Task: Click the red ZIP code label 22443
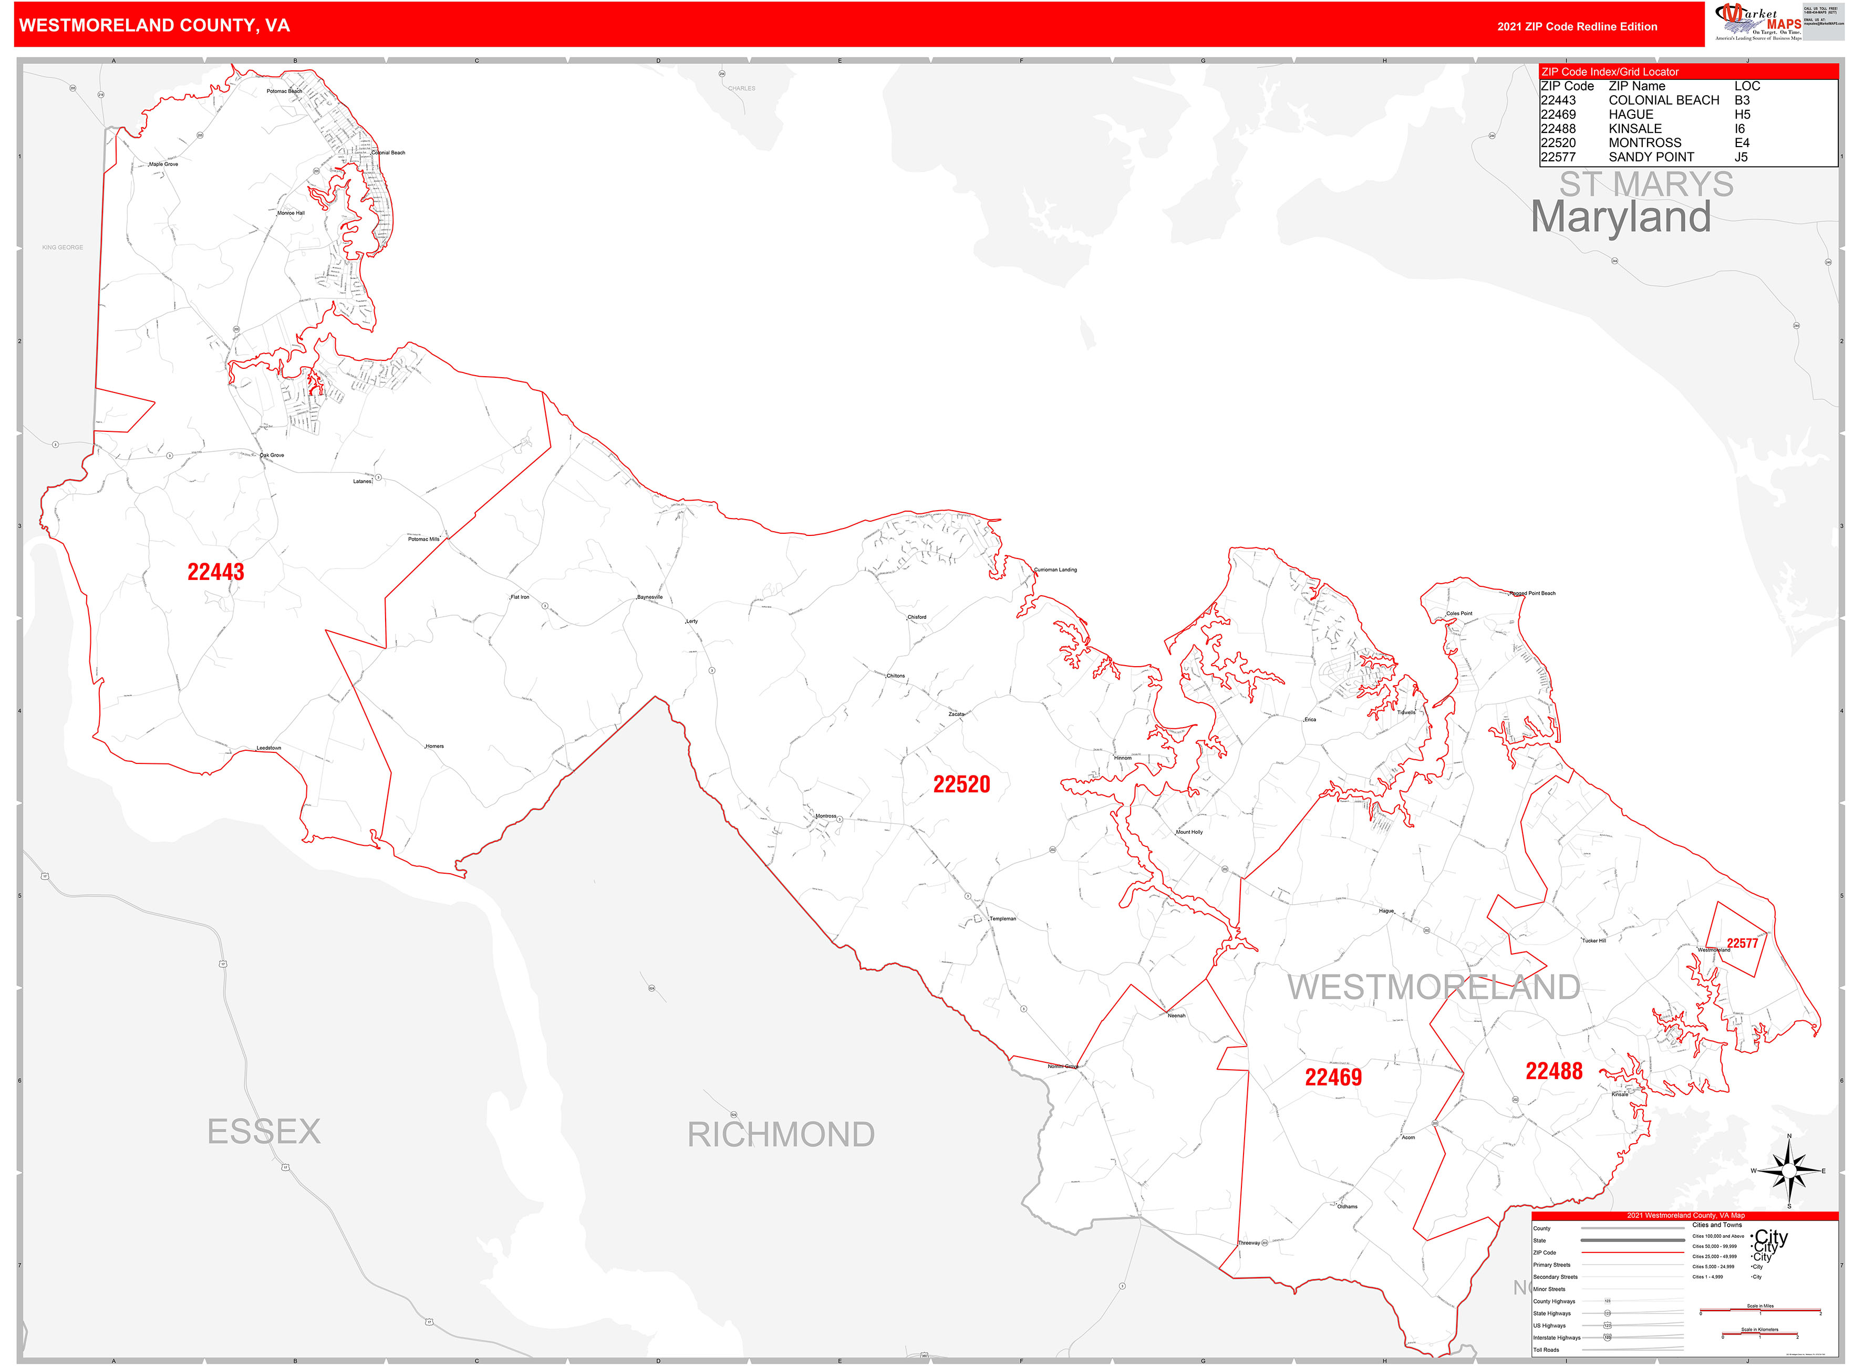coord(216,572)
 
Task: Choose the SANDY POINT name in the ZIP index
coord(1651,157)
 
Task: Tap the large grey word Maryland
coord(1620,218)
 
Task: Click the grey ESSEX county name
coord(264,1131)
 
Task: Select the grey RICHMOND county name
coord(781,1134)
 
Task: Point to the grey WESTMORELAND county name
coord(1433,987)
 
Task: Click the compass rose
coord(1789,1171)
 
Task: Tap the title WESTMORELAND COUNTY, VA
coord(154,26)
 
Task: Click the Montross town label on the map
coord(825,816)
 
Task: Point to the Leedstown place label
coord(269,748)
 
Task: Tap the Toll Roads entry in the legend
coord(1546,1350)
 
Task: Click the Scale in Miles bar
coord(1760,1311)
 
